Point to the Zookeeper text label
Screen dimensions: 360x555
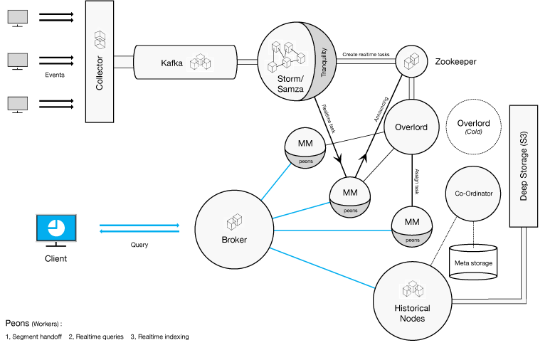coord(455,62)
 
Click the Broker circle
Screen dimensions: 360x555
coord(234,230)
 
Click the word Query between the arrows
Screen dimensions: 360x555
coord(139,245)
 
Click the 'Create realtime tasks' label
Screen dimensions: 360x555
coord(367,53)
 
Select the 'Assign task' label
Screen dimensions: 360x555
coord(418,184)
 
